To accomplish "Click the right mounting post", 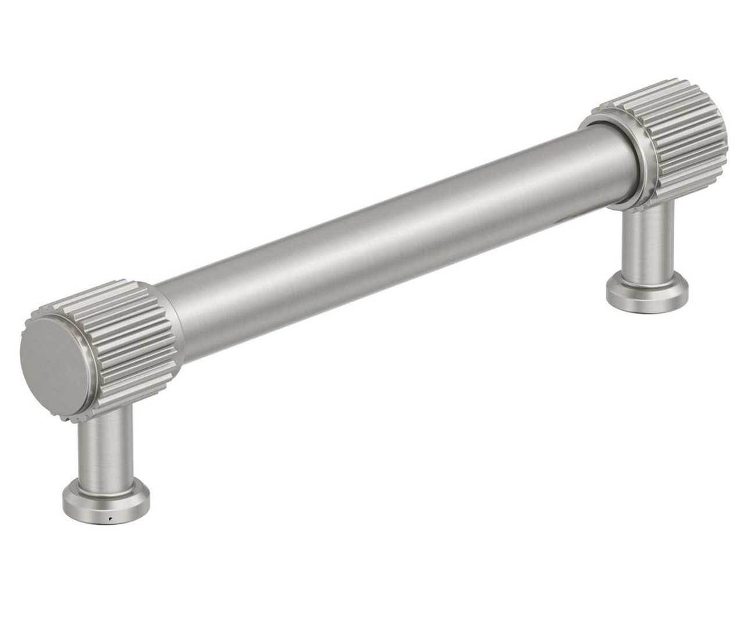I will (x=645, y=244).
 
